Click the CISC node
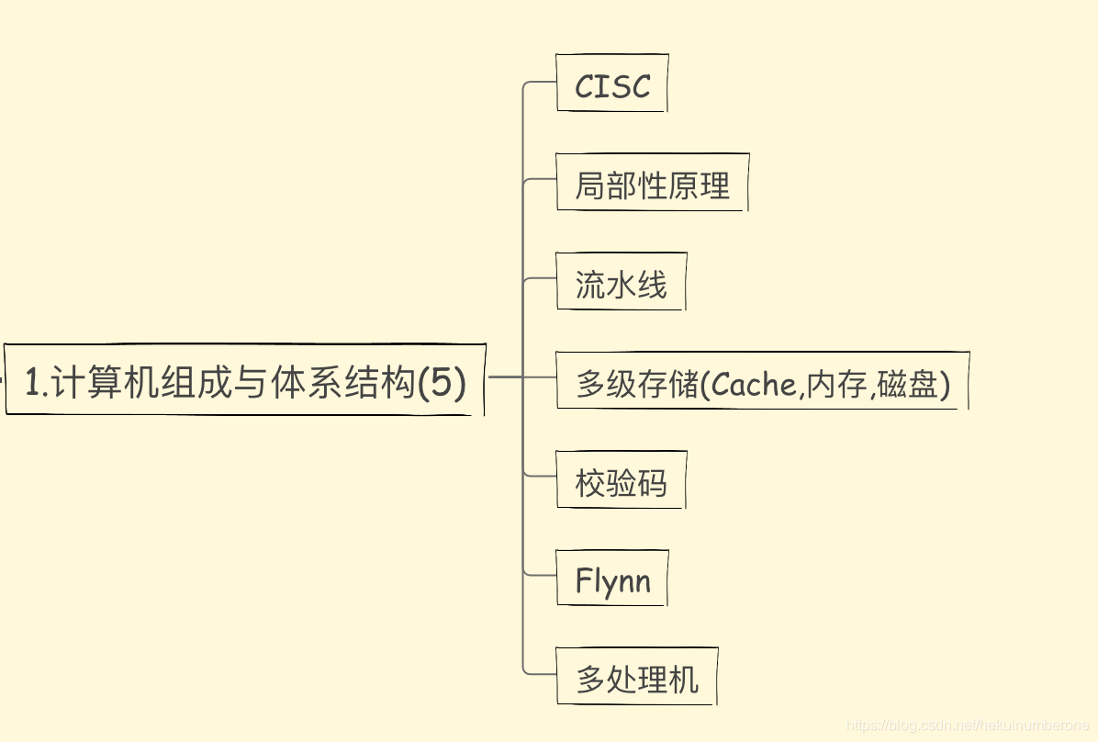click(x=612, y=85)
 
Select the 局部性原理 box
click(x=652, y=185)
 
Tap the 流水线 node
click(x=621, y=284)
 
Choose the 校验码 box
click(x=621, y=481)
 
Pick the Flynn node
click(x=612, y=580)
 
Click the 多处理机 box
click(x=636, y=679)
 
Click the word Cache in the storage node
click(x=755, y=384)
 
